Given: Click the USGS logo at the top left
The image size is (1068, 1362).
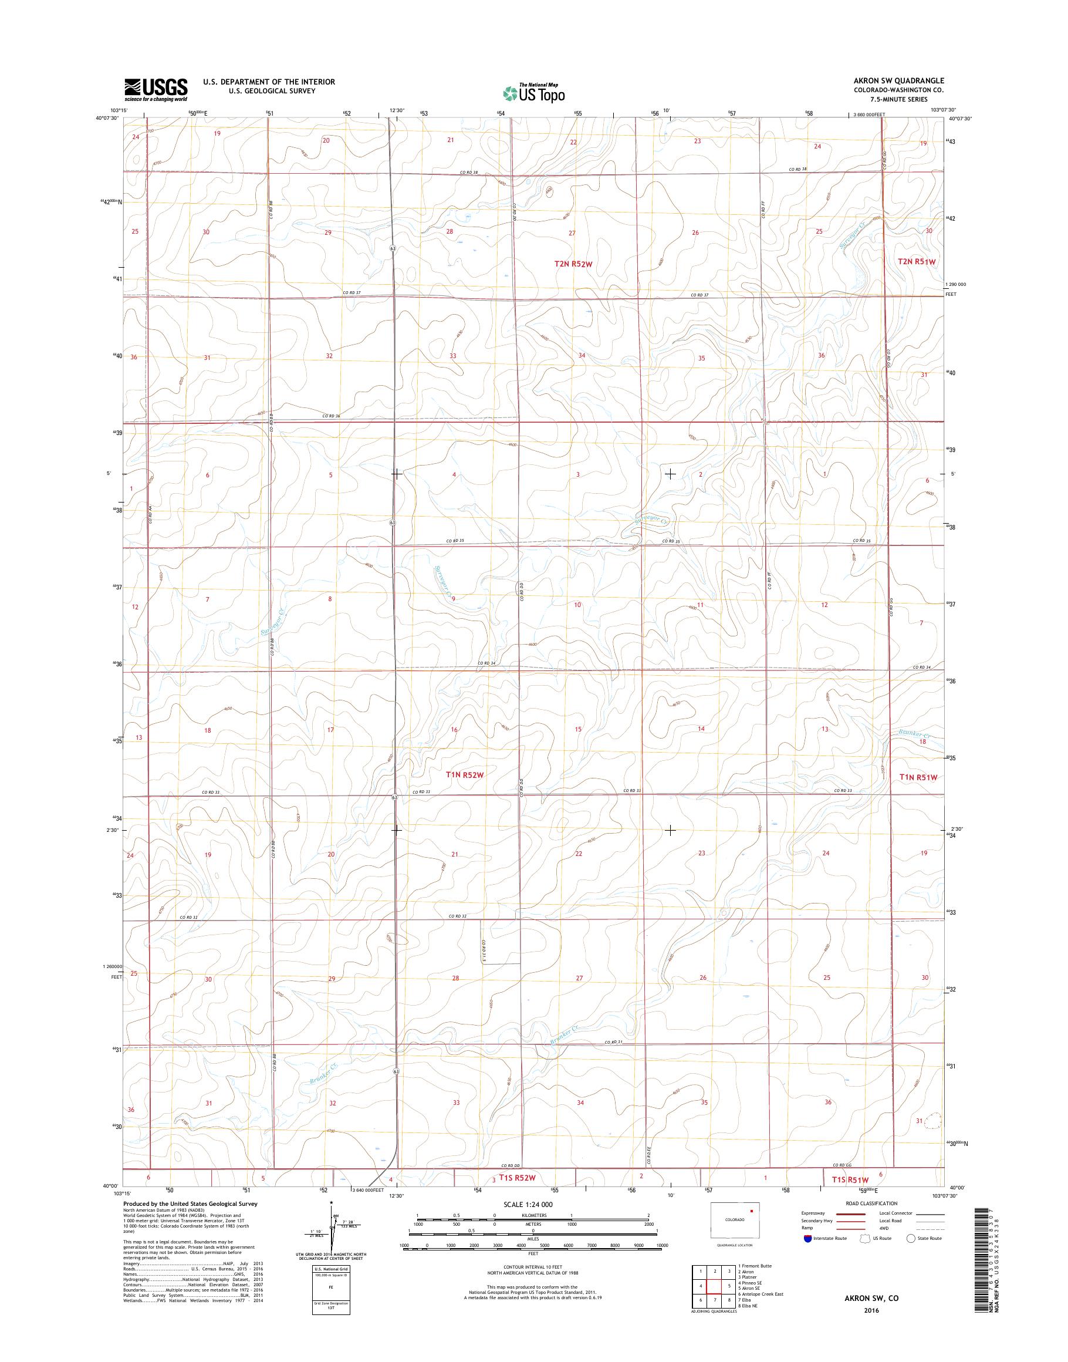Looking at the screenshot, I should tap(156, 89).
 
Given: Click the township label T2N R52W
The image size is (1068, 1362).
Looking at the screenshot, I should tap(573, 265).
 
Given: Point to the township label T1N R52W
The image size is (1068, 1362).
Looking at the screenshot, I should tap(465, 775).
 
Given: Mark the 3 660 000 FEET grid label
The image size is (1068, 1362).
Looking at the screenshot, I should tap(870, 114).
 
